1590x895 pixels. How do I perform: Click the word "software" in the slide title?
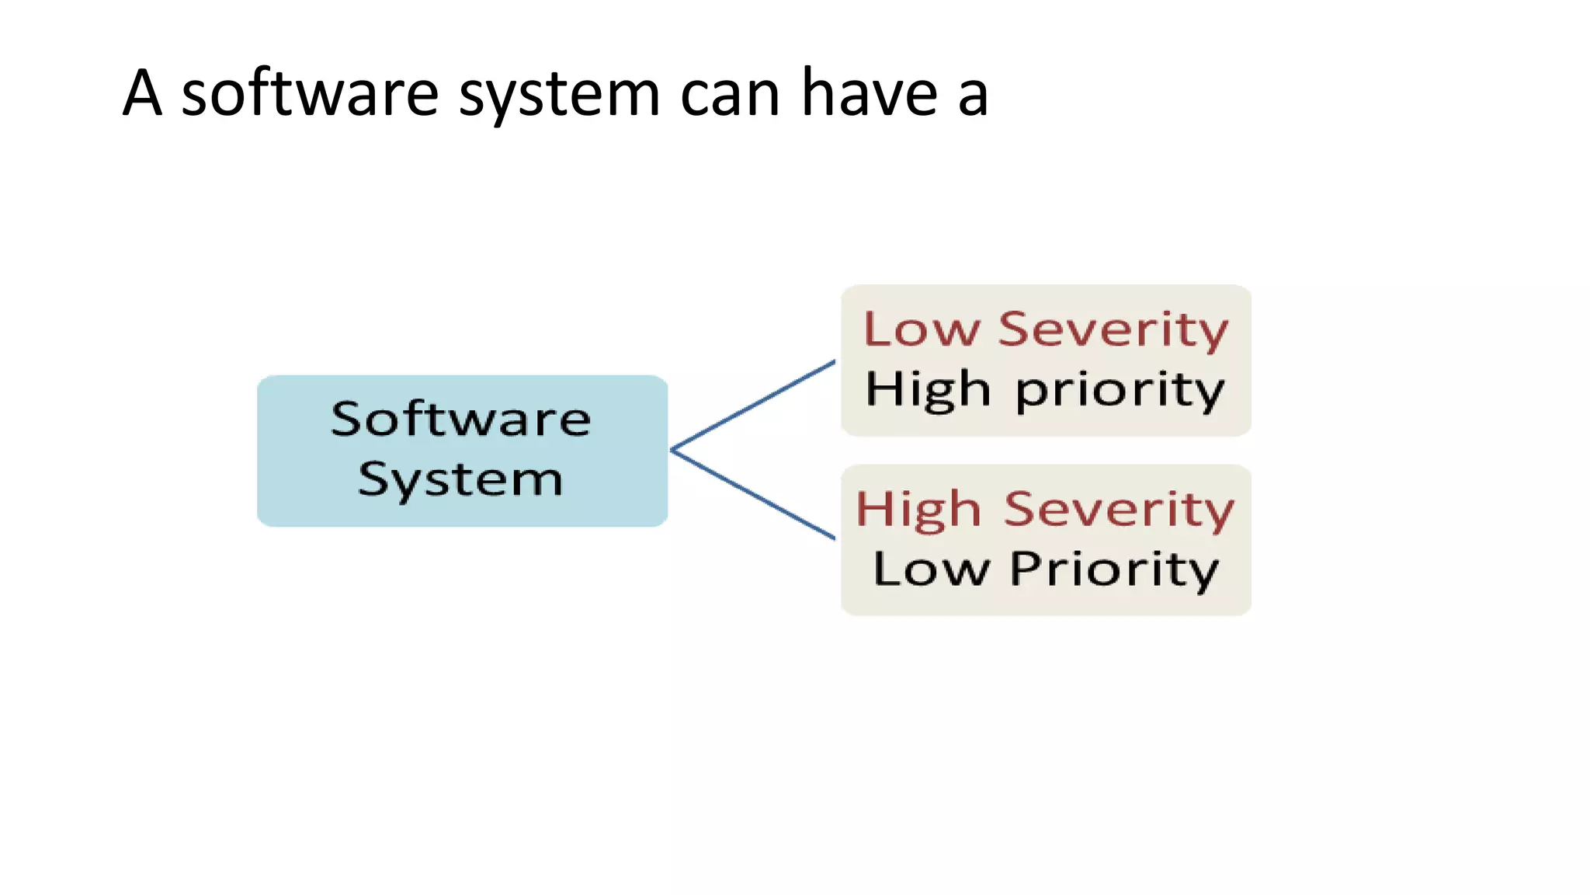[x=310, y=94]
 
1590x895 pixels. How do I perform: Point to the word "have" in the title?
[x=869, y=93]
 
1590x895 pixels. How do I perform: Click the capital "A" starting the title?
[x=143, y=93]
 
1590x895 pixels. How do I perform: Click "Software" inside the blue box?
[x=461, y=420]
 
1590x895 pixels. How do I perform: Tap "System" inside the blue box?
[x=460, y=479]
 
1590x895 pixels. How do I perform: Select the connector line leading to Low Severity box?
[x=753, y=405]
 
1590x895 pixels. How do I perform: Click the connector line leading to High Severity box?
[x=753, y=494]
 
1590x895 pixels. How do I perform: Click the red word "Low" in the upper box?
[x=922, y=329]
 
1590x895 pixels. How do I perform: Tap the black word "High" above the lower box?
[x=929, y=389]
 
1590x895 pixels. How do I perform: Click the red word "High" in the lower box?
[x=918, y=510]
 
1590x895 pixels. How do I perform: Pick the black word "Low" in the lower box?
[x=931, y=569]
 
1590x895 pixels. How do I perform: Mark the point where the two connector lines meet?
[x=672, y=450]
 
